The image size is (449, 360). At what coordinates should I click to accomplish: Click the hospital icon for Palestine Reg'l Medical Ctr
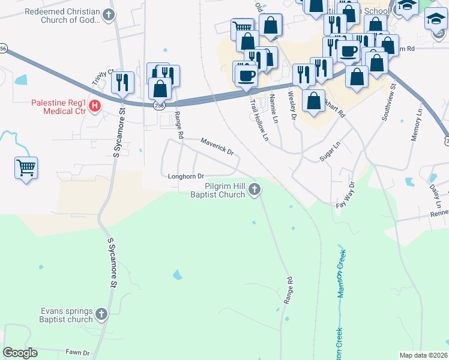(94, 106)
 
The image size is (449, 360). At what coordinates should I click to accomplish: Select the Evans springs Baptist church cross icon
(101, 313)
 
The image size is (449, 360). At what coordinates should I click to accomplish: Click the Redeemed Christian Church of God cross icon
(108, 14)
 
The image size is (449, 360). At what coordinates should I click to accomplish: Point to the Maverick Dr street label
(217, 147)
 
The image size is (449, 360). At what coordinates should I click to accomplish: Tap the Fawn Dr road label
(77, 352)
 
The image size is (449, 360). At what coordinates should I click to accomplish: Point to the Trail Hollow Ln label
(259, 120)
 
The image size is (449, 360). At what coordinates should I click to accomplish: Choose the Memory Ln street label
(417, 125)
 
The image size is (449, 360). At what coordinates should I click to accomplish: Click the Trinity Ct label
(103, 78)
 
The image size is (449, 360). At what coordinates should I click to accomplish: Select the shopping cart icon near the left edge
(26, 167)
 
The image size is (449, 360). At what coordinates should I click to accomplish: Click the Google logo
(20, 353)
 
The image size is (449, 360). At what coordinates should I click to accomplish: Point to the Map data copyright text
(423, 355)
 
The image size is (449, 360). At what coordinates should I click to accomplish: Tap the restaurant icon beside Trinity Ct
(122, 82)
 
